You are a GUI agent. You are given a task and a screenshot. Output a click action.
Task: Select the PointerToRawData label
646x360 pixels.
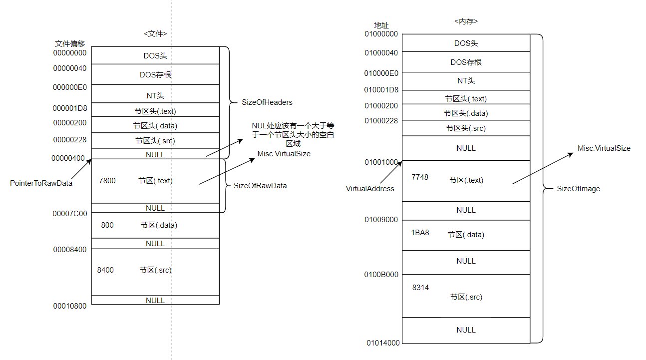point(41,183)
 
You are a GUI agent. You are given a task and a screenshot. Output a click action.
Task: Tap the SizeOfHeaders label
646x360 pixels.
point(267,102)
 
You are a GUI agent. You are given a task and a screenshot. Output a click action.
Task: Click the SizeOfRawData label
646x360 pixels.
point(260,186)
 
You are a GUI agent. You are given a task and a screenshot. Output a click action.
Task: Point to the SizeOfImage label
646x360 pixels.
point(578,189)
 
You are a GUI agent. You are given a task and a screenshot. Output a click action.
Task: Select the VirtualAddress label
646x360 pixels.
point(370,189)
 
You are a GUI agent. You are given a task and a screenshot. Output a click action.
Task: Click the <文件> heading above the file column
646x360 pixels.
point(155,34)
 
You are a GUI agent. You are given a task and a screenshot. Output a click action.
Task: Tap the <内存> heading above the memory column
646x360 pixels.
point(466,21)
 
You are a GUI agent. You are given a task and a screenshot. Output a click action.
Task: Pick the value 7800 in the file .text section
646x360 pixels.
point(107,181)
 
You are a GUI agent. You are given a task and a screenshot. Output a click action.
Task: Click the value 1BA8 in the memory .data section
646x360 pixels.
point(420,233)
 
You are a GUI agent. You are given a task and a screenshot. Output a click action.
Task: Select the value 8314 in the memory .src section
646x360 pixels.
point(420,288)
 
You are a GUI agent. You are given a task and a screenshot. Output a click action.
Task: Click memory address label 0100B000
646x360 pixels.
point(381,275)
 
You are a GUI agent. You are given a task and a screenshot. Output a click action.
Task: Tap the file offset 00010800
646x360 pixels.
point(70,306)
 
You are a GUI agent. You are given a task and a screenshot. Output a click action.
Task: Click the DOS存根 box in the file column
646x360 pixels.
point(155,74)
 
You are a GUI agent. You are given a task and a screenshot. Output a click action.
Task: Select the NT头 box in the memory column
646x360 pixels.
point(466,81)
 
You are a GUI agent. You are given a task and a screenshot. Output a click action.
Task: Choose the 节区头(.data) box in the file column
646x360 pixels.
point(155,125)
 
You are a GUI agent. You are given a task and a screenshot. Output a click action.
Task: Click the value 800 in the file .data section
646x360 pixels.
point(107,225)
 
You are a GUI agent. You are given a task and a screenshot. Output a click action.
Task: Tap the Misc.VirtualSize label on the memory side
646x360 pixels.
point(604,148)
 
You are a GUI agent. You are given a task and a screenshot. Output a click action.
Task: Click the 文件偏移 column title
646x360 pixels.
point(70,44)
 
